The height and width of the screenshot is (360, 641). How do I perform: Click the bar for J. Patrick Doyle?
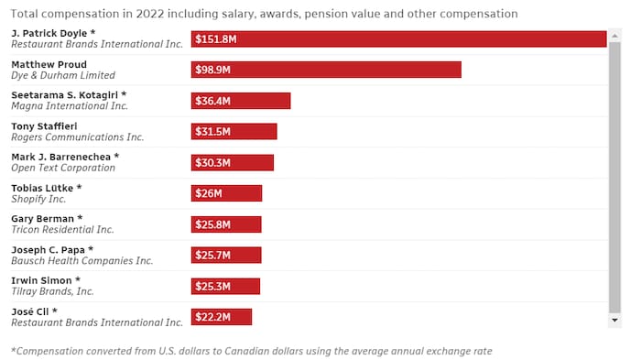point(398,38)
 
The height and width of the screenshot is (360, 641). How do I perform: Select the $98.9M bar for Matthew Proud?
point(326,70)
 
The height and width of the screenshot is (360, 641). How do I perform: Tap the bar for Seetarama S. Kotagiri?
point(241,101)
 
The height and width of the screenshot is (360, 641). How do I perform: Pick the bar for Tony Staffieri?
point(234,132)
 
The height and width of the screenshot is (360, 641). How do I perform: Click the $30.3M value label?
point(212,163)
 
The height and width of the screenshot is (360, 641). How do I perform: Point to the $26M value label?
point(209,194)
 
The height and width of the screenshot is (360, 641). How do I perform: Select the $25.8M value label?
point(212,224)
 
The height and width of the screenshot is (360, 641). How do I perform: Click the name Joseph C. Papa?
point(51,249)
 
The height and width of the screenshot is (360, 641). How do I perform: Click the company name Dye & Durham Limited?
point(63,75)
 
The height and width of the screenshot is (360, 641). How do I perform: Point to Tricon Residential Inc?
point(62,230)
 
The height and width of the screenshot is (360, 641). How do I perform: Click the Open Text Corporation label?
point(63,169)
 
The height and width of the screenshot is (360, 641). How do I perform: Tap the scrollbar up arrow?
point(614,33)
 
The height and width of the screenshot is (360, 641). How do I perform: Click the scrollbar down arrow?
point(614,321)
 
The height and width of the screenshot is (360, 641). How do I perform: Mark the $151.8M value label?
point(216,39)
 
